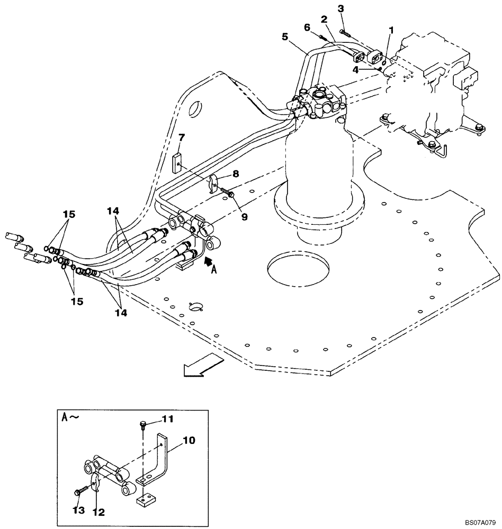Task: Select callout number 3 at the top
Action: [341, 8]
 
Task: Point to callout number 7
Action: [181, 138]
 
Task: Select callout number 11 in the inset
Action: [168, 419]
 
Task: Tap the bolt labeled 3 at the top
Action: [345, 32]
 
